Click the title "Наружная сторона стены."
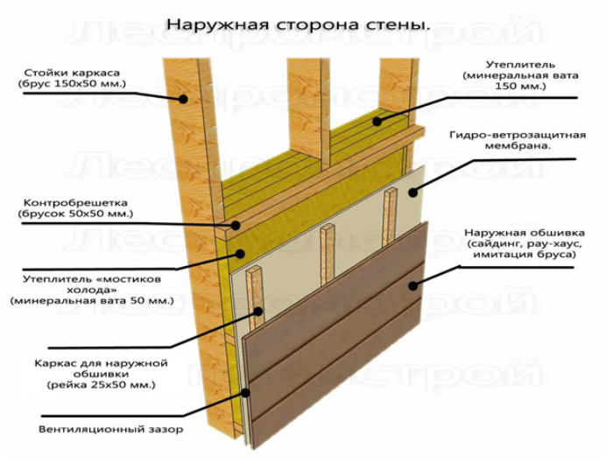[299, 24]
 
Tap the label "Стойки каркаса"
[72, 73]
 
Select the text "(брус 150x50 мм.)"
[72, 84]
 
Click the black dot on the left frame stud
[183, 99]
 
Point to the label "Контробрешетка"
[75, 203]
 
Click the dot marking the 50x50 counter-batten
[236, 226]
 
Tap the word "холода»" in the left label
[92, 290]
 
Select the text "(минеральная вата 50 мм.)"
[92, 302]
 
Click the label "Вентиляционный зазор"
[110, 430]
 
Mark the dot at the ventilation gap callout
[245, 393]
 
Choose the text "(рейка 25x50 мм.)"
[102, 385]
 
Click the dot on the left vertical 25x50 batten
[258, 311]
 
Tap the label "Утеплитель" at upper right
[520, 65]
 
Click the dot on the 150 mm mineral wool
[377, 122]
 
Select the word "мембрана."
[518, 146]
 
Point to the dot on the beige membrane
[412, 192]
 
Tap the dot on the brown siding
[412, 286]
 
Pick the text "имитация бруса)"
[525, 255]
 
